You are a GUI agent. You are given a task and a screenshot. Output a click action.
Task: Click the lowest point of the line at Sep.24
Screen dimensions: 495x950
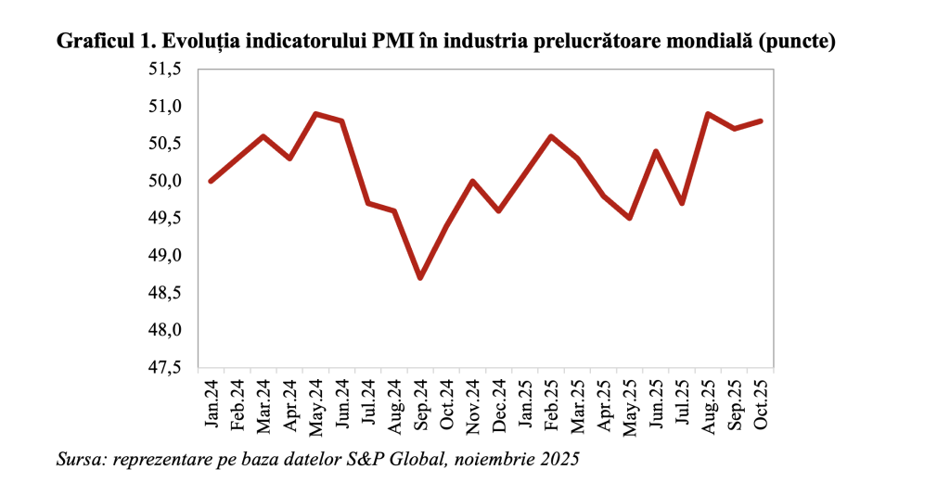click(x=420, y=278)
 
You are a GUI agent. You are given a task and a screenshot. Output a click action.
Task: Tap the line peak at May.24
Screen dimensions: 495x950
click(x=315, y=114)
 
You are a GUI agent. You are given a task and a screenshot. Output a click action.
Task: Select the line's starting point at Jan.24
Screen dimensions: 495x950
click(x=211, y=181)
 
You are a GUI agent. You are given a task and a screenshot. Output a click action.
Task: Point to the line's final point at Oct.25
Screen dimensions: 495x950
click(x=761, y=121)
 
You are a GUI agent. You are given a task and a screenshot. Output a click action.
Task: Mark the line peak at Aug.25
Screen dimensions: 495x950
click(x=709, y=114)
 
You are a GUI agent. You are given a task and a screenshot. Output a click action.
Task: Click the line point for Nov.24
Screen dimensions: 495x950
click(x=473, y=181)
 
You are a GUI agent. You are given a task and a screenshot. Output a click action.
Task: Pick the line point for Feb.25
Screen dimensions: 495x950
click(x=552, y=136)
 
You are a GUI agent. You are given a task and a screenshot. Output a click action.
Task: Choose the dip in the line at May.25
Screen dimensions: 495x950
click(x=630, y=218)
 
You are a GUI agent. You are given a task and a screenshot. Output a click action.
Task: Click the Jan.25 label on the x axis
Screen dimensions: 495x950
click(x=525, y=404)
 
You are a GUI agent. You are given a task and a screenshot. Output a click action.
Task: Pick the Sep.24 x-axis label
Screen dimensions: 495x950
click(x=420, y=404)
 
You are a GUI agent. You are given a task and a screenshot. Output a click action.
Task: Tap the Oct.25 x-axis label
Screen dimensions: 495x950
click(x=761, y=404)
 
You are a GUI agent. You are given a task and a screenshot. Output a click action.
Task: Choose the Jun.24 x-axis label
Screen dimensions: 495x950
click(x=341, y=404)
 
